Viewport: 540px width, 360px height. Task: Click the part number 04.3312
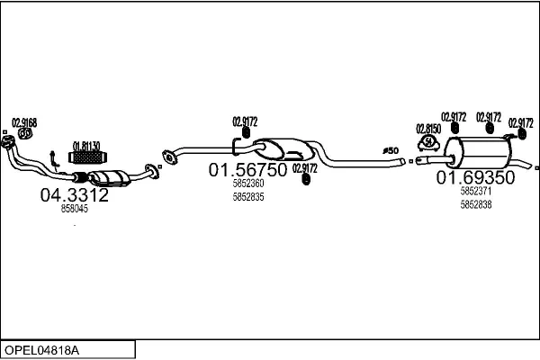click(74, 194)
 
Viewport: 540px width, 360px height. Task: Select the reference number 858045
click(74, 209)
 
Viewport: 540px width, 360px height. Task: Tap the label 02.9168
click(23, 122)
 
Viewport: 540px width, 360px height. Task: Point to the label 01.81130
click(85, 145)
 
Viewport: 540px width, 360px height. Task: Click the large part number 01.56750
click(247, 169)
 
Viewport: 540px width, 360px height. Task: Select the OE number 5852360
click(247, 184)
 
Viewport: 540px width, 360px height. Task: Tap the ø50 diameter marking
click(391, 150)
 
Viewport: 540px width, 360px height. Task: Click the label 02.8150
click(428, 129)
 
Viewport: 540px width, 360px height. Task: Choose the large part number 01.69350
click(475, 178)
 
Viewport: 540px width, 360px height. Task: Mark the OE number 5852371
click(475, 192)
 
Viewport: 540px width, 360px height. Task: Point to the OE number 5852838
click(475, 204)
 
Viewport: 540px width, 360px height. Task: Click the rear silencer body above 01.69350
click(476, 152)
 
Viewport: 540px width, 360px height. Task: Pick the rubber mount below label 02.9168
click(25, 135)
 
